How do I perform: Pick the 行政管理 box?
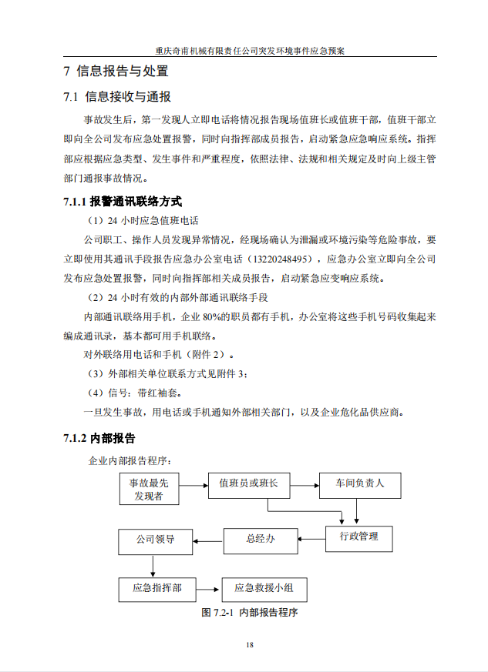(x=358, y=537)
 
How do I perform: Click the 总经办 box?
(x=261, y=540)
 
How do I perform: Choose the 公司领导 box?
(x=154, y=540)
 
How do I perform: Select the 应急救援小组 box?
(x=264, y=589)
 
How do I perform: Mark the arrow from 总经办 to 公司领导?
(x=207, y=540)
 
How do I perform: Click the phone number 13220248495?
(x=285, y=259)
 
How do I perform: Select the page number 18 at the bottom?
(x=249, y=645)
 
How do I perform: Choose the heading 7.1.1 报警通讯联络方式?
(x=122, y=202)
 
